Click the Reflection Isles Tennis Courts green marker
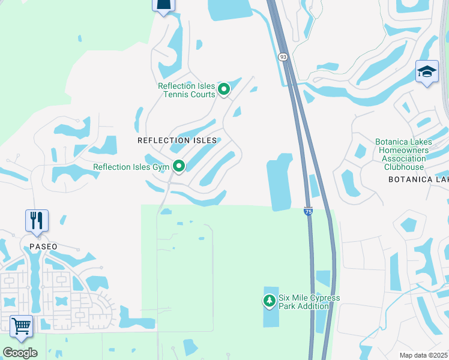224,89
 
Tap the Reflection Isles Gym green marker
178,166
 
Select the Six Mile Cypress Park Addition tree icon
270,299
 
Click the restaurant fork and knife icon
37,220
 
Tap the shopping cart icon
21,326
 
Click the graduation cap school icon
426,72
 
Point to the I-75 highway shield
308,211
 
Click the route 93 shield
283,56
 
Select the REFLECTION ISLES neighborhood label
176,140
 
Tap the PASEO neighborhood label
43,247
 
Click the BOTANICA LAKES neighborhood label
418,179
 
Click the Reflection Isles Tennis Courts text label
186,90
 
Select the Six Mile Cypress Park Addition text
309,302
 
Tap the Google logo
20,353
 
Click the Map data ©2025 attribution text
423,355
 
